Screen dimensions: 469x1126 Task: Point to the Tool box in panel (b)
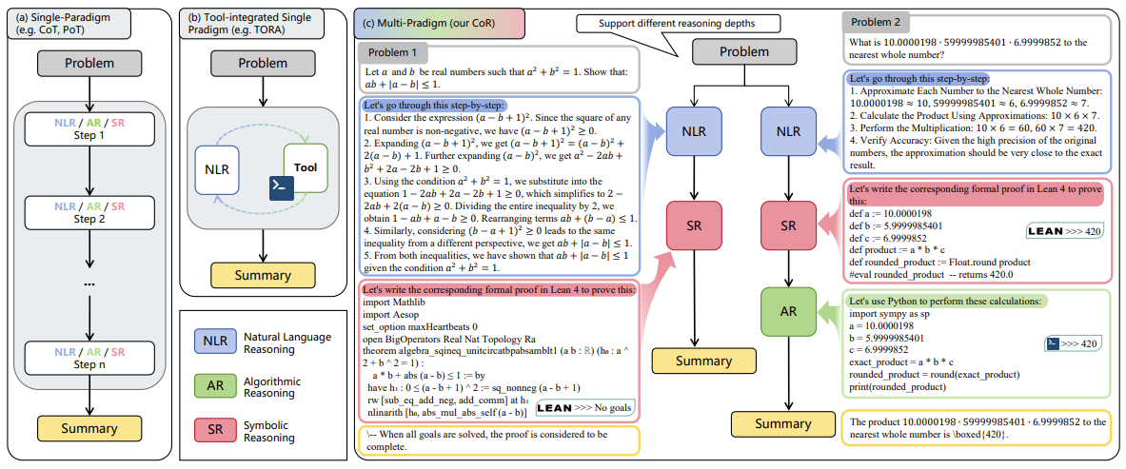[x=306, y=167]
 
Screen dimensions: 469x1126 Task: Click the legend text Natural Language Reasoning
[x=287, y=342]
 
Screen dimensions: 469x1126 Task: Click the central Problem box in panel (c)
[x=731, y=51]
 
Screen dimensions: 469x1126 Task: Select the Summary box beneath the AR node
[x=782, y=424]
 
